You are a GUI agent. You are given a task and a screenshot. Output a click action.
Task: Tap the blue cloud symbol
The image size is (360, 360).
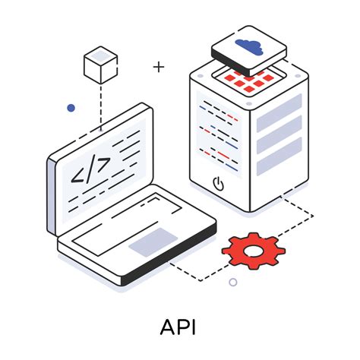(x=250, y=46)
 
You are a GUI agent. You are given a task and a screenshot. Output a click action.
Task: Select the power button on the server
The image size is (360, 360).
(x=217, y=182)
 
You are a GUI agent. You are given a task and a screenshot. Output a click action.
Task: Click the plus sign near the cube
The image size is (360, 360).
(x=158, y=67)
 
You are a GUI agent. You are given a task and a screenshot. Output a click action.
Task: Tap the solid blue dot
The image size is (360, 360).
(x=71, y=108)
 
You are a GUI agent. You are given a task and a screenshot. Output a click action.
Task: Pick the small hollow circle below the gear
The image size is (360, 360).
(x=233, y=282)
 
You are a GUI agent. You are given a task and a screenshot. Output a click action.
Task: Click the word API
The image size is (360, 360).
(x=179, y=327)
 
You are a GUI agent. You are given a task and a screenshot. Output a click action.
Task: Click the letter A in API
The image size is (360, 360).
(x=169, y=327)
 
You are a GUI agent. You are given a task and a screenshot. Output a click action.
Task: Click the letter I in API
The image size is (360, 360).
(x=194, y=327)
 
